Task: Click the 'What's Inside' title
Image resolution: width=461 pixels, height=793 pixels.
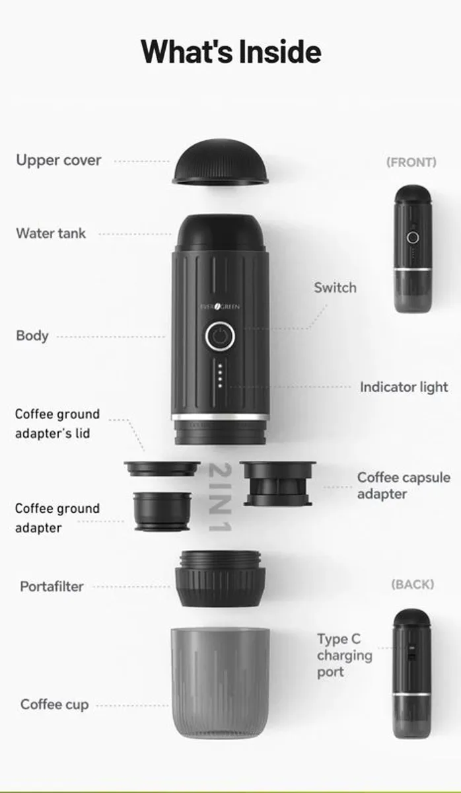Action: pos(230,52)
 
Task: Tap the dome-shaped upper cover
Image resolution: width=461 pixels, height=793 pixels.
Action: pos(221,163)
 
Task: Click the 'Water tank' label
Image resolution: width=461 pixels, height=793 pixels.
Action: pos(51,233)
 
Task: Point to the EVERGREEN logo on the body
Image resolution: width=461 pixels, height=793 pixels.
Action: pos(220,306)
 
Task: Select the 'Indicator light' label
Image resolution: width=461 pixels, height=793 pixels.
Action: pos(404,387)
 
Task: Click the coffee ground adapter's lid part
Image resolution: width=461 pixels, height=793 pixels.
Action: pos(162,469)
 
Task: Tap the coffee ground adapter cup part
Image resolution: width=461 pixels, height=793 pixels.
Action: pos(161,511)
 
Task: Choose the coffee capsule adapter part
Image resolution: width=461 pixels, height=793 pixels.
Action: pos(277,483)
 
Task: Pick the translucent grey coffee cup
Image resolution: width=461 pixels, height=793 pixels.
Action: pos(220,681)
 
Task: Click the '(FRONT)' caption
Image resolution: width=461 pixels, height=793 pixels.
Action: pos(411,162)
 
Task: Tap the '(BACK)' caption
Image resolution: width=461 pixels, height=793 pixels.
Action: pos(412,584)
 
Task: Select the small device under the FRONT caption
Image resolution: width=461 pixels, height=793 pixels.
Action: pos(412,248)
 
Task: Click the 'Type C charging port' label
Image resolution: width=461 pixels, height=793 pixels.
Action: pos(344,656)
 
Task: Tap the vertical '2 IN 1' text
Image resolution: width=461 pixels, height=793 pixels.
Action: pos(219,497)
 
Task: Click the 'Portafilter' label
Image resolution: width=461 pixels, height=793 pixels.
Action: pos(52,586)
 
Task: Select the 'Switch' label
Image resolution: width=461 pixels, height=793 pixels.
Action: pos(335,287)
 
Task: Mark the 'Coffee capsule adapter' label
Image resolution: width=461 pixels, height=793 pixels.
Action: pos(404,486)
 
